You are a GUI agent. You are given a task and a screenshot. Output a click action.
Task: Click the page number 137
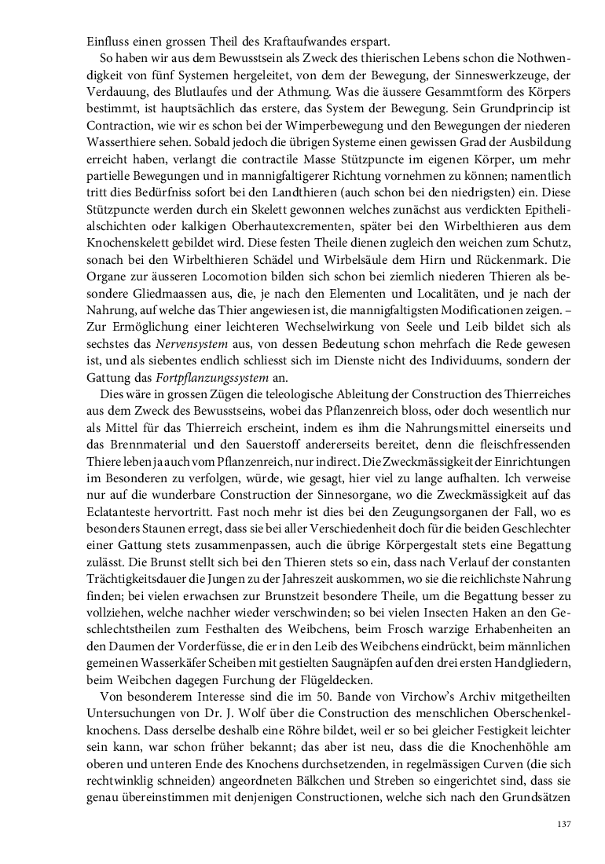click(563, 825)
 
